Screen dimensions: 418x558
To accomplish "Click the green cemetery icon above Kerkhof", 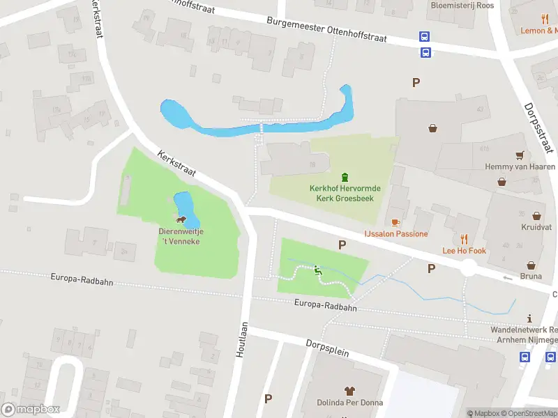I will tap(344, 178).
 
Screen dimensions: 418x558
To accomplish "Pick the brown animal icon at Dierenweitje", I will tap(181, 220).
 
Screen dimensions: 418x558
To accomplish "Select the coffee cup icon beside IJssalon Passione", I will tap(395, 222).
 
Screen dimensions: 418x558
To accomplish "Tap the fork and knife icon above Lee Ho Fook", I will tap(465, 239).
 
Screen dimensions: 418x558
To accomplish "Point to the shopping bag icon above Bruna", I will tap(531, 265).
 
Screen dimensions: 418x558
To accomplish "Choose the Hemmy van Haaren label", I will tap(520, 167).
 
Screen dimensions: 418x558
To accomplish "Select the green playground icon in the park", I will tap(318, 270).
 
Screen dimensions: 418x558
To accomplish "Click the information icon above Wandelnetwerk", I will tap(529, 318).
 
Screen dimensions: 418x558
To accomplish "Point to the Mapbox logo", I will tap(31, 410).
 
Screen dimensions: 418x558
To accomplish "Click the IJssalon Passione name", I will tap(395, 234).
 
